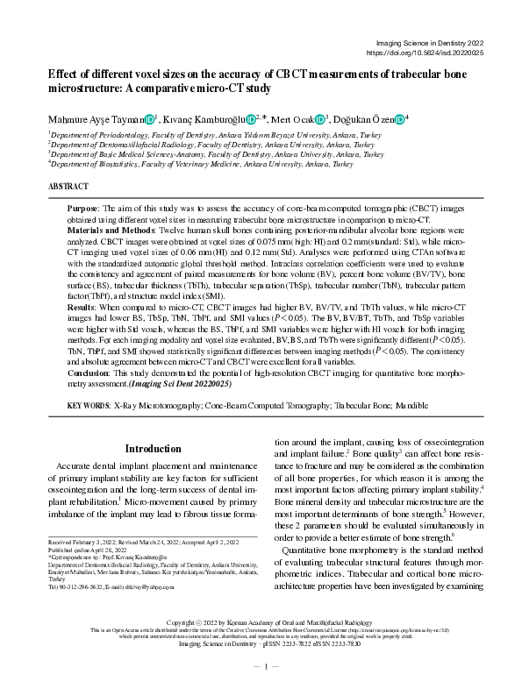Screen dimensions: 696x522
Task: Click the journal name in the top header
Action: (x=430, y=41)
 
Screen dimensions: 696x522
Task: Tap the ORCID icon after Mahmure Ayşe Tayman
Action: (x=150, y=119)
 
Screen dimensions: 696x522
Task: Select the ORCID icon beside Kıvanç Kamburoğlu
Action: (x=251, y=119)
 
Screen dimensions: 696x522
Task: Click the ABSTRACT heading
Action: (x=68, y=187)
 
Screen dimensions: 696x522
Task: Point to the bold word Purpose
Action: (x=84, y=209)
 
